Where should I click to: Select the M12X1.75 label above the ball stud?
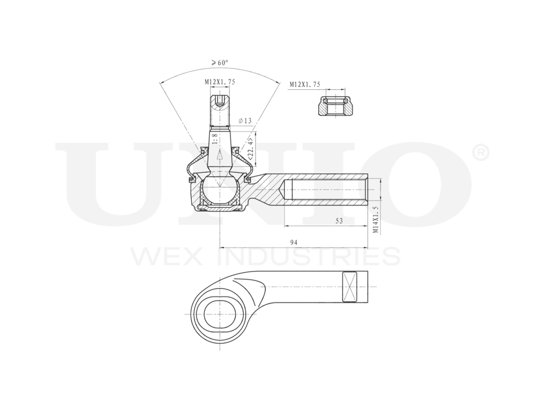(220, 82)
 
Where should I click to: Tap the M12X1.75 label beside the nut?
(305, 84)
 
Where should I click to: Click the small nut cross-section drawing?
(335, 106)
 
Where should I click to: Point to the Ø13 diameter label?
(245, 120)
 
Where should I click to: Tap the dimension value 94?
(293, 243)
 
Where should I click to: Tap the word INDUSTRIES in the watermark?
(312, 256)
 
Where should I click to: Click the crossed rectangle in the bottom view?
(349, 287)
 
